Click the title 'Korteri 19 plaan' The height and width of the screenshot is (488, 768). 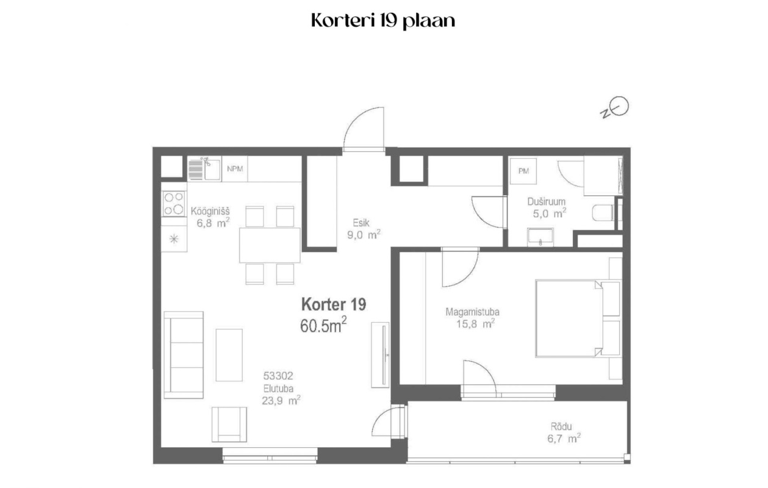click(383, 21)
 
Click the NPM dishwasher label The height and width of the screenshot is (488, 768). click(235, 169)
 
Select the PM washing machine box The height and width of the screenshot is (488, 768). click(523, 171)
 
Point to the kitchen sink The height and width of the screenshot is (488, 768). click(204, 169)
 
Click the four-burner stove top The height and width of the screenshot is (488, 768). click(174, 204)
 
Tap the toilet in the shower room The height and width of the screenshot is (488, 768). click(603, 213)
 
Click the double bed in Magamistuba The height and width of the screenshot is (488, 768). click(578, 319)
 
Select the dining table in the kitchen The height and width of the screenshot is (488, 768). click(270, 245)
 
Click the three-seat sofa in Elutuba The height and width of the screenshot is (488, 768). click(184, 355)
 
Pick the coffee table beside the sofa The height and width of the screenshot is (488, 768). click(229, 355)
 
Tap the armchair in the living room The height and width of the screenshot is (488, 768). click(229, 425)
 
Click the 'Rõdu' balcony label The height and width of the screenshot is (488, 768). click(561, 426)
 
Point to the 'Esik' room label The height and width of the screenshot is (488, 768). click(361, 223)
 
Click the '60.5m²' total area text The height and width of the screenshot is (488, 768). click(323, 325)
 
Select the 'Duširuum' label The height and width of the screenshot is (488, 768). click(546, 202)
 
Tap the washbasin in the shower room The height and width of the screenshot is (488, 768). click(540, 237)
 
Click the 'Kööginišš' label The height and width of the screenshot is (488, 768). click(210, 210)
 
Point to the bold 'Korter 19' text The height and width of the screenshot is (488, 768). click(334, 304)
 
